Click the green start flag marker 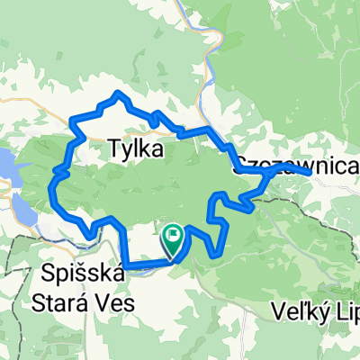(172, 238)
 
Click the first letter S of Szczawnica (240, 166)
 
